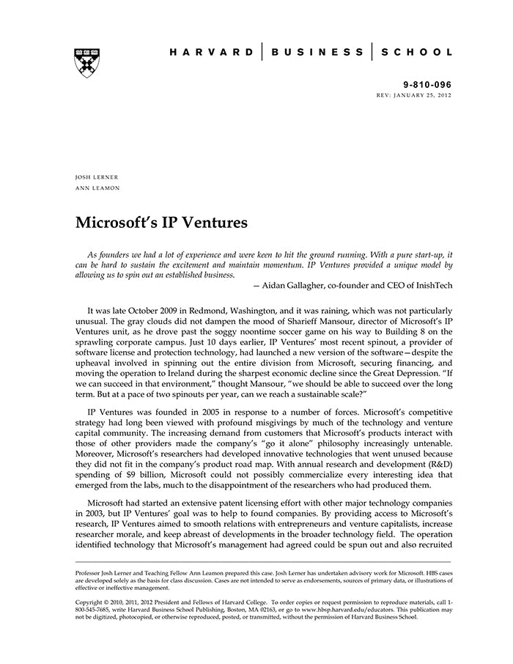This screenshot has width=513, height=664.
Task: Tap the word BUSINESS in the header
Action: coord(317,52)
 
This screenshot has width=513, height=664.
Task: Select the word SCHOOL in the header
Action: coord(416,52)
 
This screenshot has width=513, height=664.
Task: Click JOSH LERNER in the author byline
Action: coord(97,177)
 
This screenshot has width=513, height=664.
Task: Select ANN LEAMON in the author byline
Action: coord(97,188)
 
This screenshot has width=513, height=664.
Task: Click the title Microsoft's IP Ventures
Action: coord(162,222)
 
